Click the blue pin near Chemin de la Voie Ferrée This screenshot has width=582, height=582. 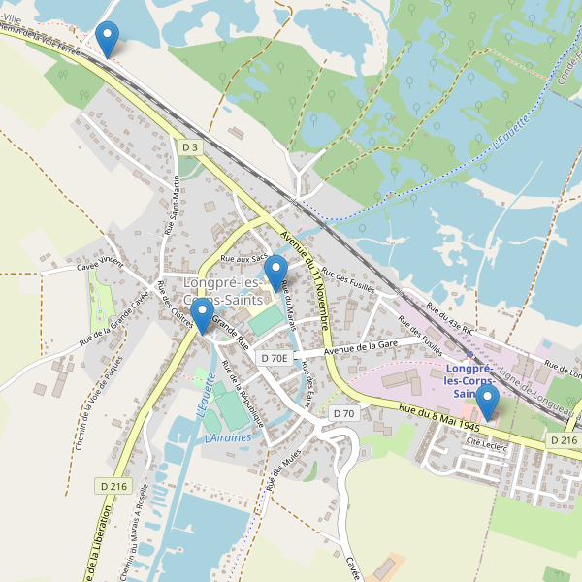(108, 39)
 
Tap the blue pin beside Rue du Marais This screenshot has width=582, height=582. (277, 272)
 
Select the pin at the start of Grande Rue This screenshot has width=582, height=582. (202, 315)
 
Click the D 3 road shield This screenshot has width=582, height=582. (190, 146)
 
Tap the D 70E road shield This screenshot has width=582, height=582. (275, 358)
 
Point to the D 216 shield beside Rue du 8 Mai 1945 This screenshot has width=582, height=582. (564, 440)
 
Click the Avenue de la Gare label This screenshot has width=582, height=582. (362, 347)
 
